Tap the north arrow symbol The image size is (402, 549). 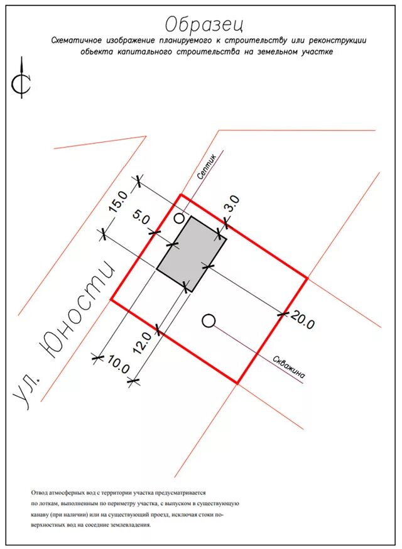pos(23,79)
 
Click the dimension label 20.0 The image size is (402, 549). pos(302,322)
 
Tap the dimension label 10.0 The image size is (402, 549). pos(118,366)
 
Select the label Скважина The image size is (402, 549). pos(290,367)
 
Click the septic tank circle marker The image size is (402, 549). pos(180,218)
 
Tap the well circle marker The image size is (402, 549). pos(209,322)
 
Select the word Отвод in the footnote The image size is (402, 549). pos(40,493)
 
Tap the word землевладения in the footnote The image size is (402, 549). pos(131,526)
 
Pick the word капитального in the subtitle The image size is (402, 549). pos(142,52)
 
